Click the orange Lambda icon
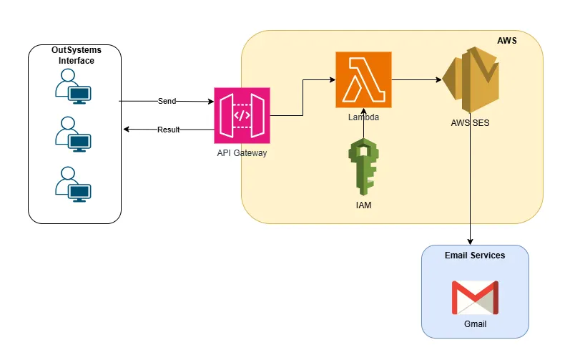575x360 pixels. pos(363,79)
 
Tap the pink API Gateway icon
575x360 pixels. pos(241,115)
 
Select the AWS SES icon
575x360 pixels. pos(470,79)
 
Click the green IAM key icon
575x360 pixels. pos(363,167)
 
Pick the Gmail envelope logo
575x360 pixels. pos(475,297)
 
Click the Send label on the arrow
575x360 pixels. pos(167,102)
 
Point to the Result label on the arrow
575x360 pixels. pos(168,130)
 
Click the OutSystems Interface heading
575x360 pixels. pos(76,55)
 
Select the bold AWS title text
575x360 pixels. pos(507,41)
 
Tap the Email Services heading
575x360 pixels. pos(475,256)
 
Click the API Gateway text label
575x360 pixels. pos(242,153)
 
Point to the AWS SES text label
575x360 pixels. pos(470,123)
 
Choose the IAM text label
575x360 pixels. pos(363,205)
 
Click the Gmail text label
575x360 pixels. pos(475,324)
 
